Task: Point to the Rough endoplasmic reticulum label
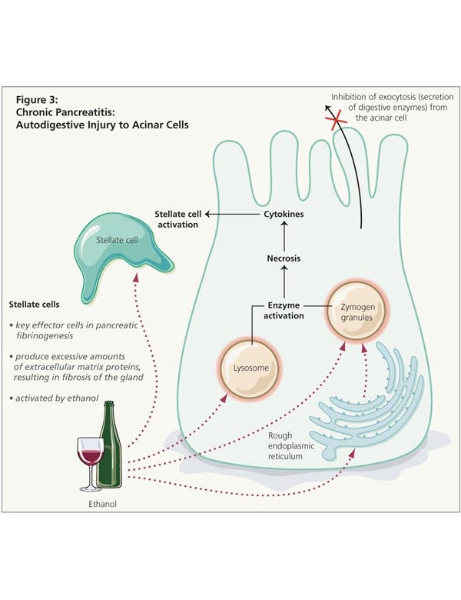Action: click(x=292, y=445)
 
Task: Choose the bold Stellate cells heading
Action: click(x=35, y=304)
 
